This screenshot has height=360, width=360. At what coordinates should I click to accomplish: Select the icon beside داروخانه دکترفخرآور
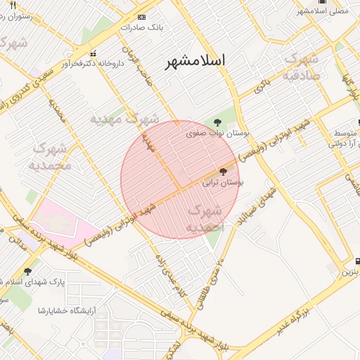[x=93, y=53]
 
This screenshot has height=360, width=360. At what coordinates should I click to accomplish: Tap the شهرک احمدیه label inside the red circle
[x=205, y=219]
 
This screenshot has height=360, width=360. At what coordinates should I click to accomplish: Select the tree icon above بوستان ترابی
[x=224, y=172]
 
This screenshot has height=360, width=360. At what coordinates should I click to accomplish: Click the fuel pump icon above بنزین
[x=357, y=259]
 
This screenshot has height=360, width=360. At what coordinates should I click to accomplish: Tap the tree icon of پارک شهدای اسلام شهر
[x=28, y=271]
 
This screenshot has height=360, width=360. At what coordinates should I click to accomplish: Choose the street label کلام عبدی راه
[x=171, y=272]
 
